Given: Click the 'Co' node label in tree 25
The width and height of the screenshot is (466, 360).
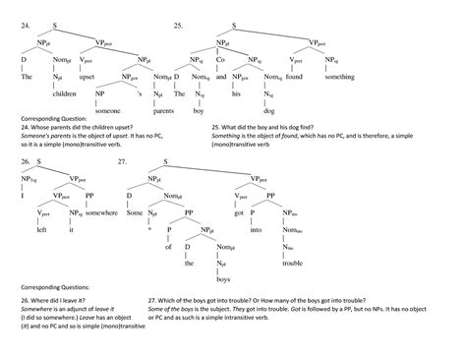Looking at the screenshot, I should coord(222,60).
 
